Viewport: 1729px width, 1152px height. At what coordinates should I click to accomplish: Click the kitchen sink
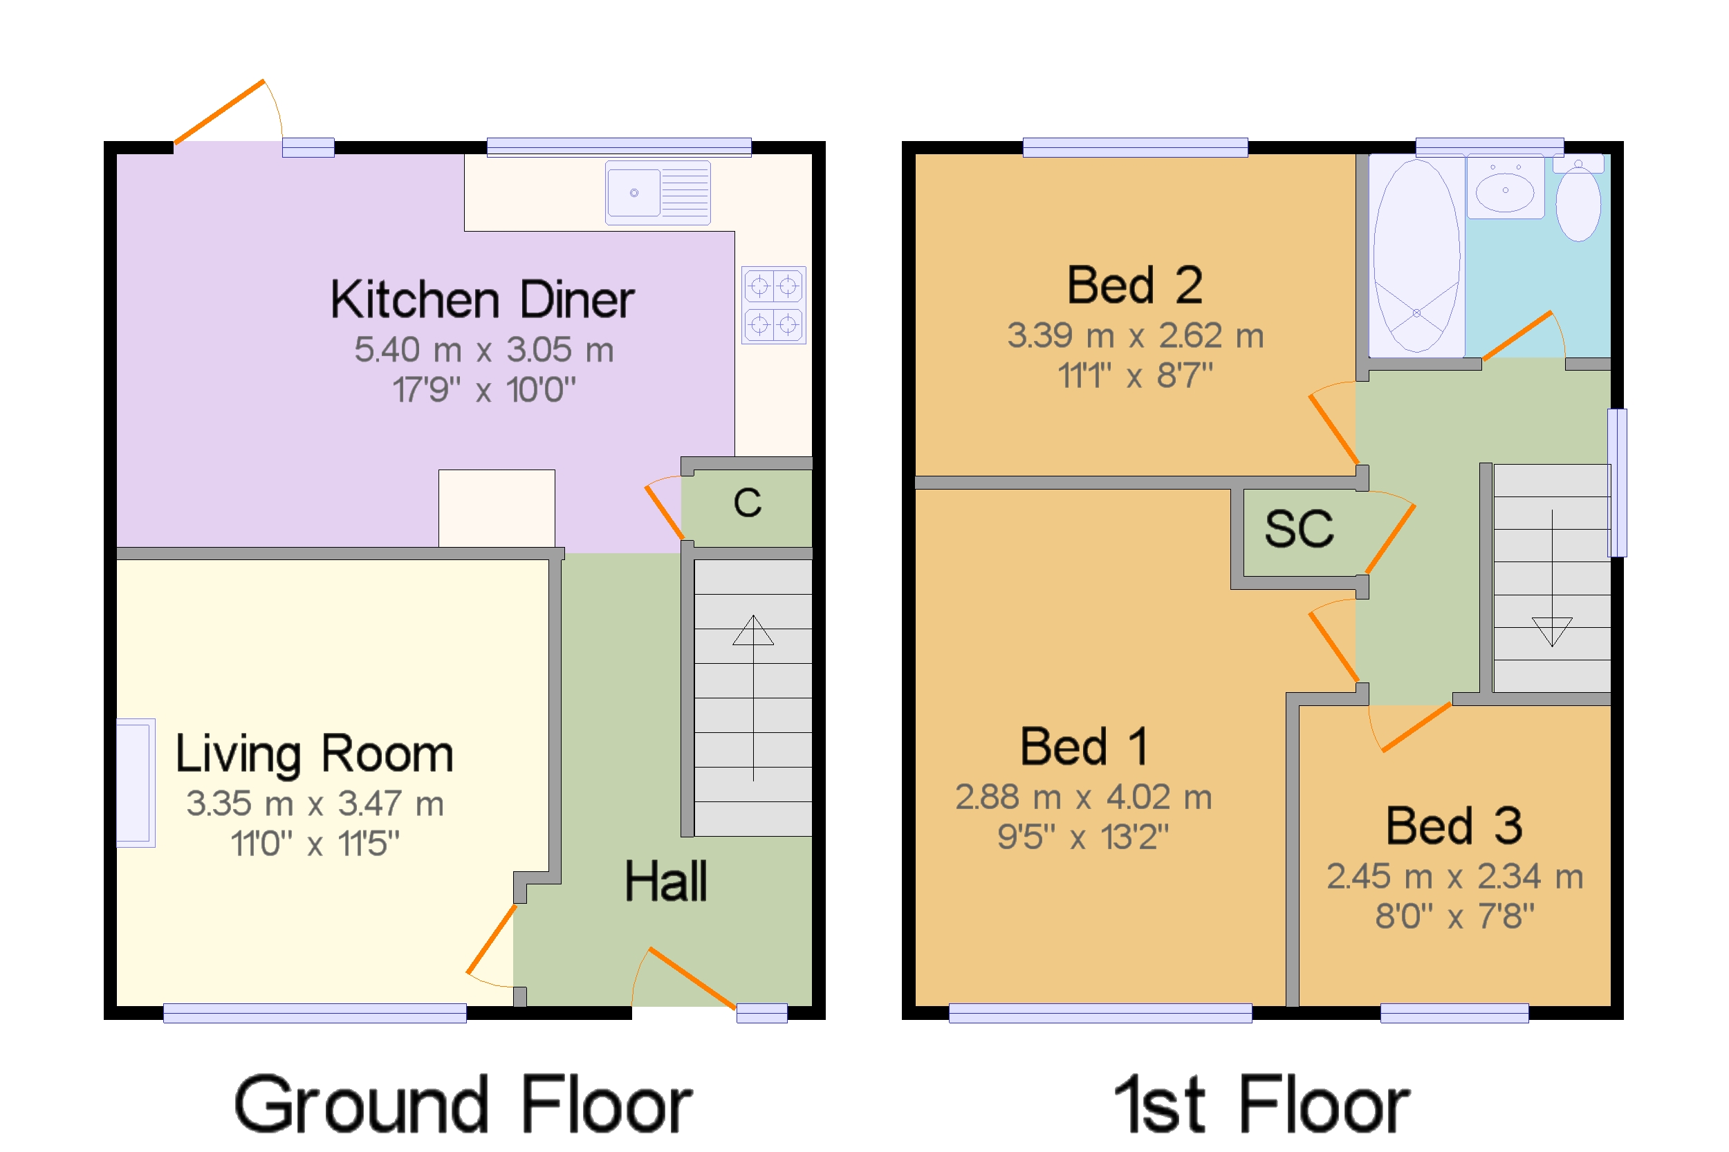[658, 192]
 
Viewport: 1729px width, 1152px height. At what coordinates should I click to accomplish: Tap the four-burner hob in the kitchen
[774, 305]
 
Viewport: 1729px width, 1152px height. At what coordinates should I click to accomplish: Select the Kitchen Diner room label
[482, 300]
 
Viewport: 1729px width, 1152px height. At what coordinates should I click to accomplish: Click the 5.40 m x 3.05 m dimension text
[483, 350]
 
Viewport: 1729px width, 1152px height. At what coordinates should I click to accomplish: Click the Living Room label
[315, 754]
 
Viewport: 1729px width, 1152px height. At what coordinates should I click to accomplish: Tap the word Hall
[666, 882]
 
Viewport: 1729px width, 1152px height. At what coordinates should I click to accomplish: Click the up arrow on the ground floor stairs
[753, 697]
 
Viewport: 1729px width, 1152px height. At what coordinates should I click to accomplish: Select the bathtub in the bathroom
[1416, 256]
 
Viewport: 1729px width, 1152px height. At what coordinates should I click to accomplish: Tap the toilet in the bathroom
[1578, 198]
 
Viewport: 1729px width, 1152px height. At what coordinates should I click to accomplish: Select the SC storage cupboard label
[1298, 529]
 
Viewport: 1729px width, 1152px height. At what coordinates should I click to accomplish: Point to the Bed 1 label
[1084, 747]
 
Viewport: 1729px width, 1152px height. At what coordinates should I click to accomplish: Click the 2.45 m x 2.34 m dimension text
[1454, 877]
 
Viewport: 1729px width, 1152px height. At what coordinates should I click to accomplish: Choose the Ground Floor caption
[463, 1104]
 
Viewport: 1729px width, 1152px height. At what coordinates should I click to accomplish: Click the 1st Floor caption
[1261, 1104]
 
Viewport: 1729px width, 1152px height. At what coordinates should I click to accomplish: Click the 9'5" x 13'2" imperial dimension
[1083, 837]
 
